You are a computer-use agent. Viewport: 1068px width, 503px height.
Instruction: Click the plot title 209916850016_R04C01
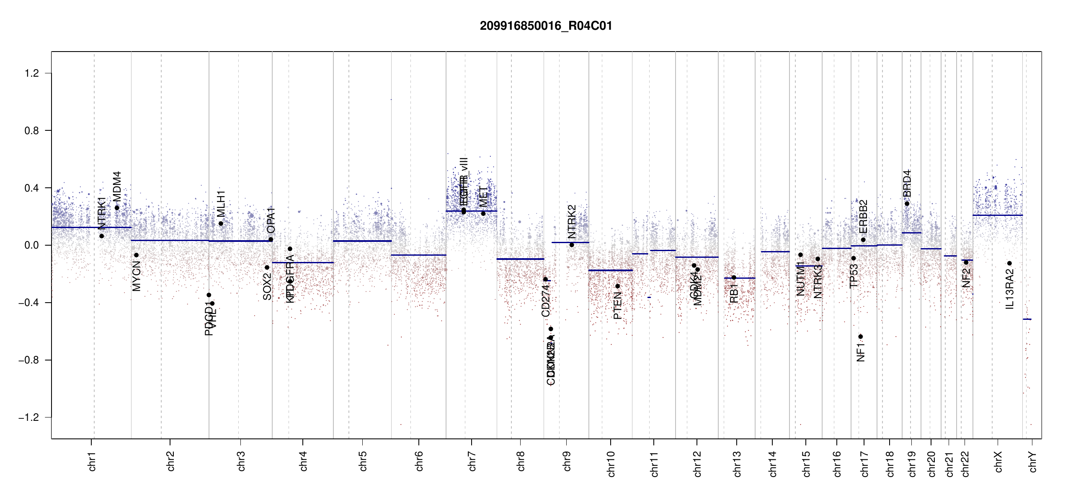(x=546, y=26)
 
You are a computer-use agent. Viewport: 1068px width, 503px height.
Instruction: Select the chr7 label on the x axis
(x=472, y=462)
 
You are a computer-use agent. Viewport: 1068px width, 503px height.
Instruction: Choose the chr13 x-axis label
(x=737, y=464)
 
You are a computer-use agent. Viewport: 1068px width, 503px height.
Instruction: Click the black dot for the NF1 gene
(x=860, y=337)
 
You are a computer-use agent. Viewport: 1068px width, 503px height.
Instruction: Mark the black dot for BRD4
(x=907, y=204)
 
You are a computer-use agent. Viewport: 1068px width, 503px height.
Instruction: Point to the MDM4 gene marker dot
(x=117, y=208)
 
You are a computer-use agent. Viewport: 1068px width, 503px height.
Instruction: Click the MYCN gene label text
(x=137, y=276)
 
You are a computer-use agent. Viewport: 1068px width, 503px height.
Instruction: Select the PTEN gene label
(x=617, y=306)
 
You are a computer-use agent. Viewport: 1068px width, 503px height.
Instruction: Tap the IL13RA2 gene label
(x=1010, y=289)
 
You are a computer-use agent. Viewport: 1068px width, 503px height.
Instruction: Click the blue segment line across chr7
(x=471, y=211)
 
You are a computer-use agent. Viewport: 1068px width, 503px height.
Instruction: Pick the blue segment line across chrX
(x=997, y=215)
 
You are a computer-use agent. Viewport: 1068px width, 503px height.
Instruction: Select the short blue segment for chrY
(x=1027, y=319)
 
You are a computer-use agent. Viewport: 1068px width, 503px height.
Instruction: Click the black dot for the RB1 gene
(x=734, y=277)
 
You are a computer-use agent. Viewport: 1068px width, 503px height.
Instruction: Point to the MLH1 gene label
(x=221, y=203)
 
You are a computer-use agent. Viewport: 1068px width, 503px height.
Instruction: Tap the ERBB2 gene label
(x=863, y=217)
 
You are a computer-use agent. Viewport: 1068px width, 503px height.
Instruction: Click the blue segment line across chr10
(x=610, y=270)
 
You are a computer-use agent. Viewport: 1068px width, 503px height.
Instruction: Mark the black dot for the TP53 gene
(x=854, y=258)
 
